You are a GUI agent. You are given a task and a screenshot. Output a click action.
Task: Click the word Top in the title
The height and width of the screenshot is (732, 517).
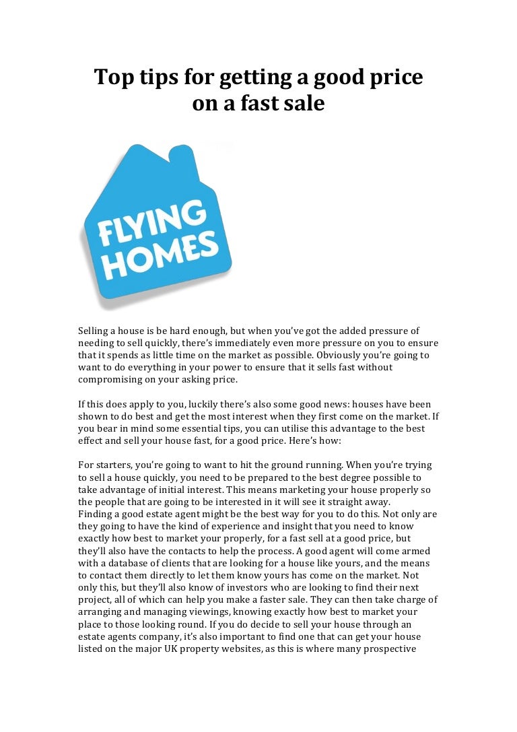[x=111, y=78]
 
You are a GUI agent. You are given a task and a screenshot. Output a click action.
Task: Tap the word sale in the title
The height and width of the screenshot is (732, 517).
[x=304, y=104]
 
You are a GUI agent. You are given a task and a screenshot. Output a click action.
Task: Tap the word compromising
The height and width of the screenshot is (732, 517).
[x=115, y=379]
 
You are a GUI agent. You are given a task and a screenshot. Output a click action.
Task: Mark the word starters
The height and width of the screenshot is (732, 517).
[x=116, y=465]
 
